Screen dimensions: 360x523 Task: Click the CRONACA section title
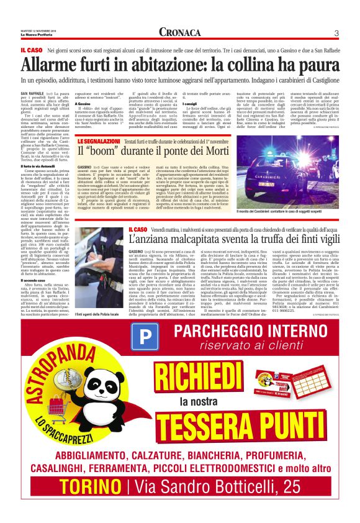pyautogui.click(x=179, y=32)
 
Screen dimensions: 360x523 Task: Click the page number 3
pyautogui.click(x=336, y=33)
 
